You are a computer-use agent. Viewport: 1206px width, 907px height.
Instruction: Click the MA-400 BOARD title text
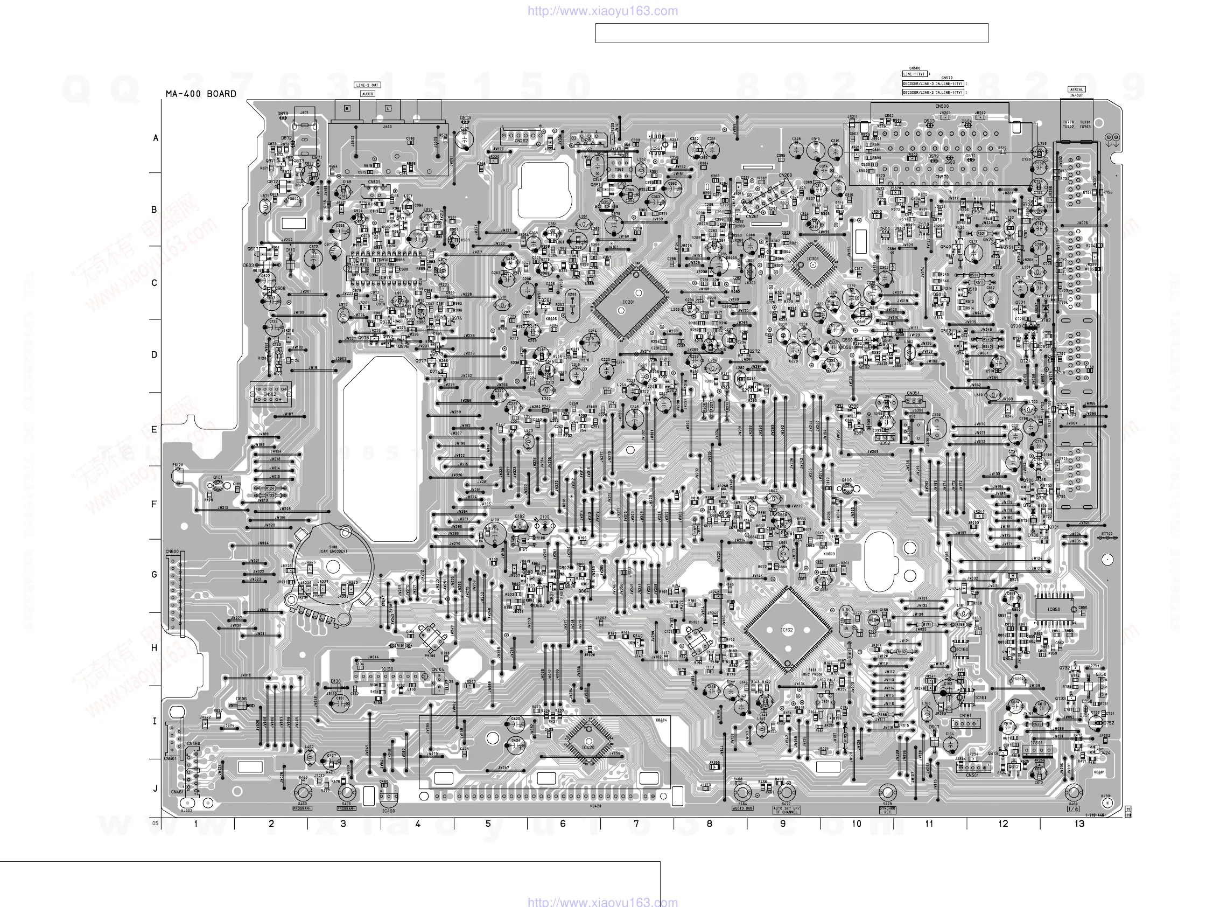201,94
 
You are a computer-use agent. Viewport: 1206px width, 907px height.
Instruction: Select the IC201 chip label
629,302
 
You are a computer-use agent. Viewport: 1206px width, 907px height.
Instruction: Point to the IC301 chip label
812,259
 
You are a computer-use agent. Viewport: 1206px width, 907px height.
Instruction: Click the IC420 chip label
588,747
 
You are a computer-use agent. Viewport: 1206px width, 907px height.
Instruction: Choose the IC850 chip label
1053,609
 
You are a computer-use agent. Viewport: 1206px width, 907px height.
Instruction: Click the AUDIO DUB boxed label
742,808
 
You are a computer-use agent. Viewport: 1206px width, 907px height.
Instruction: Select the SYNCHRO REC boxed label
887,810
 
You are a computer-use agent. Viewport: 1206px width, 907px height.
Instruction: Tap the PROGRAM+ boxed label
303,808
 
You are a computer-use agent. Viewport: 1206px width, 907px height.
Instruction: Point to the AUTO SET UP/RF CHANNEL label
786,810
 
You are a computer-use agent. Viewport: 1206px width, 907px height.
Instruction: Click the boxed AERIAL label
1076,89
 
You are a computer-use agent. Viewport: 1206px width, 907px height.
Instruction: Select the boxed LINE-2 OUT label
367,85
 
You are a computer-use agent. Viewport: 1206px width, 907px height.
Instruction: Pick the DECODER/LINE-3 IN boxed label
933,83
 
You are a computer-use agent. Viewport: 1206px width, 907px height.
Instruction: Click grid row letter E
155,429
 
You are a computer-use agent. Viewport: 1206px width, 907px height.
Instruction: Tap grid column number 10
856,824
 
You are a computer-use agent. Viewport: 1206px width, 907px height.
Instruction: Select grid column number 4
418,824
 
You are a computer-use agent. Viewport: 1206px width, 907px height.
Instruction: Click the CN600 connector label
172,552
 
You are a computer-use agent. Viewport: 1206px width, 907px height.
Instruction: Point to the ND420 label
595,806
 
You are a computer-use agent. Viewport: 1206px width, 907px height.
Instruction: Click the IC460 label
388,811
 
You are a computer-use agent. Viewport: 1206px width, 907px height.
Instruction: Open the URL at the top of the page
602,11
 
